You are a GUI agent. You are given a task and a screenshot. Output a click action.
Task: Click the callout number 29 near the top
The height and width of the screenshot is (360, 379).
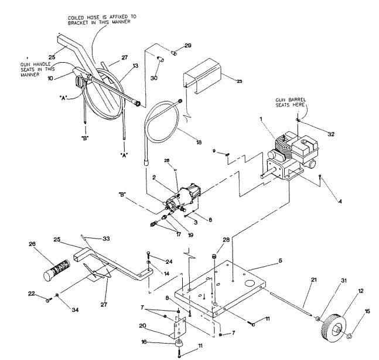click(187, 45)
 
